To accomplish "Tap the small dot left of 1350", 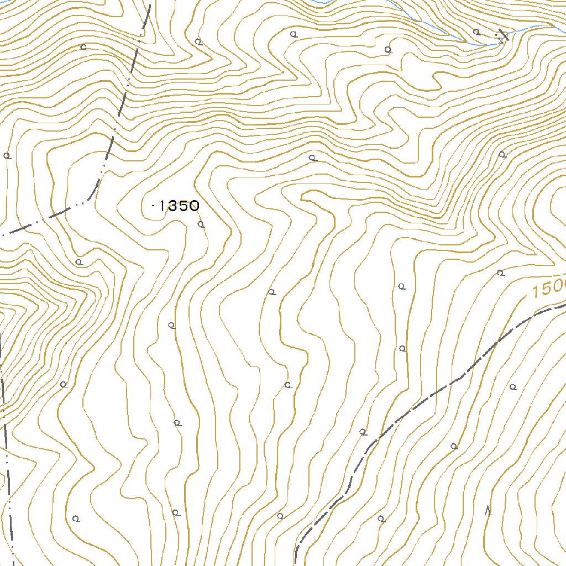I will click(153, 206).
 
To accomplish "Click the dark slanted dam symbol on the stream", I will click(503, 34).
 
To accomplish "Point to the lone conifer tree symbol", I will click(488, 511).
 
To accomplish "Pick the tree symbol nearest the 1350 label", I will click(201, 224).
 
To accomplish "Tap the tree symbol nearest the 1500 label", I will click(500, 272).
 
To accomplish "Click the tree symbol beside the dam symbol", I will click(476, 32).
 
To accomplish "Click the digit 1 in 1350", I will click(162, 206).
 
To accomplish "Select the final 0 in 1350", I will click(193, 206).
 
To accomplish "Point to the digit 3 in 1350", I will click(171, 206).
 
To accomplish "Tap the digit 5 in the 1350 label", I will click(182, 206).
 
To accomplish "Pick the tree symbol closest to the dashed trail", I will click(363, 432).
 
